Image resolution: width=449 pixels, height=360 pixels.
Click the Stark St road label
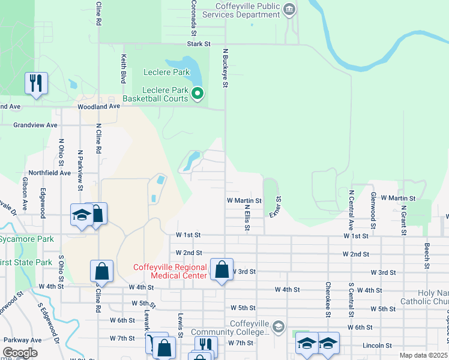tap(199, 44)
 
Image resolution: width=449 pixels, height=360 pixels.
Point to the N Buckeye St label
tap(226, 68)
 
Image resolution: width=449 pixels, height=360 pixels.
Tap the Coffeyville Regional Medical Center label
tap(170, 271)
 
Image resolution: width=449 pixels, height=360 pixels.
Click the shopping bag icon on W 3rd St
tap(222, 270)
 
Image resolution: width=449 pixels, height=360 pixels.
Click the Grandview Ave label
tap(36, 125)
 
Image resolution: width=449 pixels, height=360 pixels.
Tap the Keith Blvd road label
tap(124, 69)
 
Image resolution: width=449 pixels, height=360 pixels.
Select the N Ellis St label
tap(247, 218)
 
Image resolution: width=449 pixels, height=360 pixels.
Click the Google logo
tap(20, 353)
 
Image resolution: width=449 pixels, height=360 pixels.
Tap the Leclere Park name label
tap(166, 73)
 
